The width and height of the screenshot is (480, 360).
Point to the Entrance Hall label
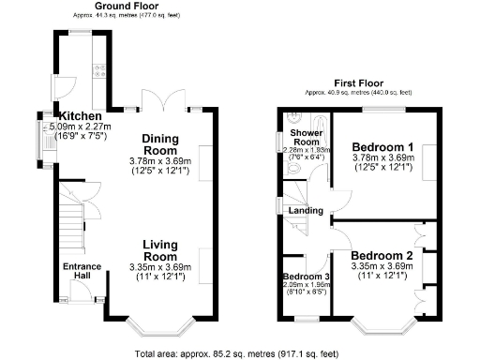(x=82, y=272)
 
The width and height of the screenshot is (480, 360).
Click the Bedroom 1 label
(x=381, y=147)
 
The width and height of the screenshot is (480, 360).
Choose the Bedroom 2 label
(x=381, y=255)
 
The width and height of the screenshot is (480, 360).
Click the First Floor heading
(x=357, y=82)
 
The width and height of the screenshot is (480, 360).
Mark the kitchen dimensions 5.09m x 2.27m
(x=80, y=127)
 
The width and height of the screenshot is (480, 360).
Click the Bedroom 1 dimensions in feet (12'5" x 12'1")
(x=381, y=169)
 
